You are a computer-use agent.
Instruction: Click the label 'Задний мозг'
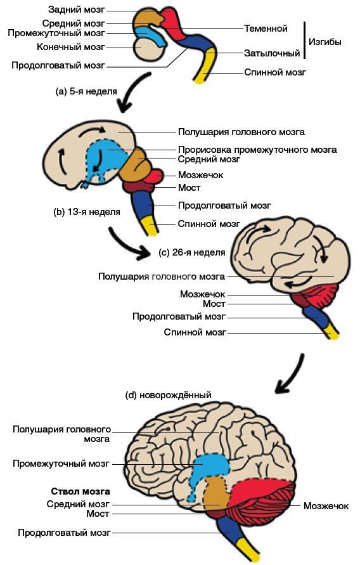tap(77, 10)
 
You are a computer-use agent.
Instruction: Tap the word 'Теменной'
tap(266, 28)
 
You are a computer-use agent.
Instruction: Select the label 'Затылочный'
tap(272, 53)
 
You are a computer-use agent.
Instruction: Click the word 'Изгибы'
tap(325, 42)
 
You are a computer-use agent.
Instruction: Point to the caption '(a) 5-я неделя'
tap(86, 91)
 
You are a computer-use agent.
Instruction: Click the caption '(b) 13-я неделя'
tap(87, 212)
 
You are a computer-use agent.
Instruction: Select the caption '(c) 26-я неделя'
tap(192, 252)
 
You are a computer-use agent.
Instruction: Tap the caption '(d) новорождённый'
tap(168, 395)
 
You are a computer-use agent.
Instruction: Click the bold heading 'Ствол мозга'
tap(80, 491)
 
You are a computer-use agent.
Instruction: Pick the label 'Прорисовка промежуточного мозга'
tap(257, 150)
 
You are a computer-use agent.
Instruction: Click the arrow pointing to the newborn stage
tap(290, 375)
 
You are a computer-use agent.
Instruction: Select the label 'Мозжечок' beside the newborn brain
tap(326, 506)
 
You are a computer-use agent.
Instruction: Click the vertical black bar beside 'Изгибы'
tap(305, 40)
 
